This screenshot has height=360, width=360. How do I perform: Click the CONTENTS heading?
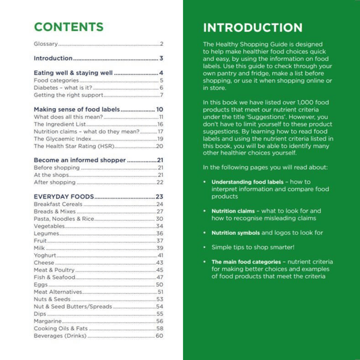pyautogui.click(x=69, y=28)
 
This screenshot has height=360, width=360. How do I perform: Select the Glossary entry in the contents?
pyautogui.click(x=47, y=45)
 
